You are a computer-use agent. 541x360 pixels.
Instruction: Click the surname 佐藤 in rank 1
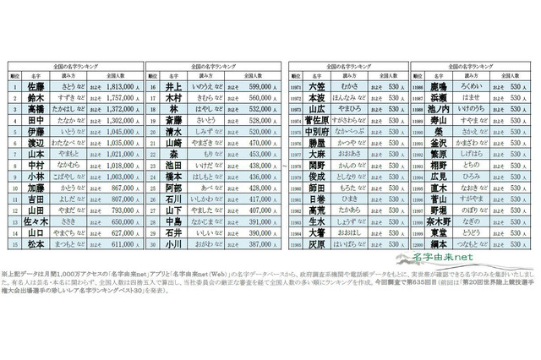[37, 85]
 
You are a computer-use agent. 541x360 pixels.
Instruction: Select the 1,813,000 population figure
[117, 85]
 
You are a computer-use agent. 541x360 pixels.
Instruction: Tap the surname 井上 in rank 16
[175, 85]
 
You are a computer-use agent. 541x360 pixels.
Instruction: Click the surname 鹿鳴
[439, 85]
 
